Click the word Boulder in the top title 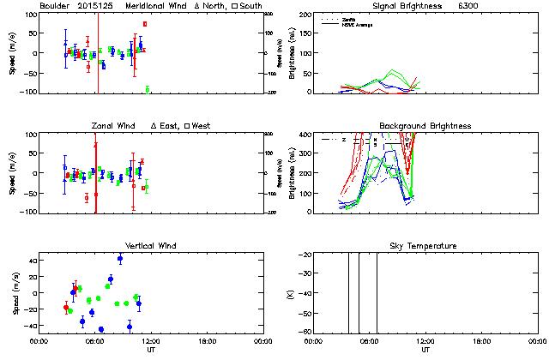coord(55,6)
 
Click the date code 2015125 coord(98,6)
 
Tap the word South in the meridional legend coord(248,6)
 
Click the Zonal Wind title coord(112,126)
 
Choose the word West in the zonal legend coord(202,126)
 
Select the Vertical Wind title coord(151,246)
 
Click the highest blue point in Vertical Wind coord(120,258)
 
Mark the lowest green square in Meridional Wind coord(148,88)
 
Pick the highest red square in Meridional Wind coord(145,24)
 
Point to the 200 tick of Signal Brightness coord(305,15)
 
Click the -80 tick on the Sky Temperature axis coord(304,332)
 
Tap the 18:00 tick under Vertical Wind coord(206,341)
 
